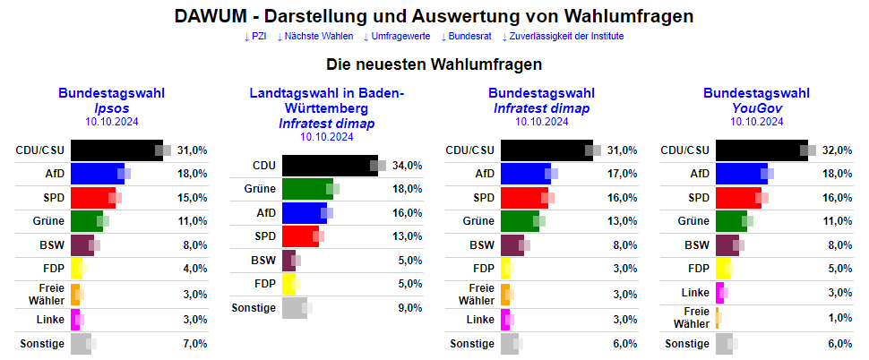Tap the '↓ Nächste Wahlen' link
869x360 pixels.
(x=314, y=36)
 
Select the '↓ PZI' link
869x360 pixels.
(x=255, y=36)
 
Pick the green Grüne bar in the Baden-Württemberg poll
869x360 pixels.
(x=306, y=189)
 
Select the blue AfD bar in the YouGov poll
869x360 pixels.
(x=740, y=174)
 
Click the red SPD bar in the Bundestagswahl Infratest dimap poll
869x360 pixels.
(x=524, y=197)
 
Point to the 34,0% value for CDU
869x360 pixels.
(x=407, y=166)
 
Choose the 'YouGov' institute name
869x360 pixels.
(x=757, y=107)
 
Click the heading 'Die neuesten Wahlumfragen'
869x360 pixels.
(x=434, y=64)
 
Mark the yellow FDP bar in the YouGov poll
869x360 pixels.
(x=723, y=268)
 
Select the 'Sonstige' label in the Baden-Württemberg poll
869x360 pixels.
(x=253, y=308)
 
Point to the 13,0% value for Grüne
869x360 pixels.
(x=622, y=221)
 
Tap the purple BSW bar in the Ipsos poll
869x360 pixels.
(x=82, y=245)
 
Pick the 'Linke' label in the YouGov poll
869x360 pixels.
(x=695, y=292)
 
